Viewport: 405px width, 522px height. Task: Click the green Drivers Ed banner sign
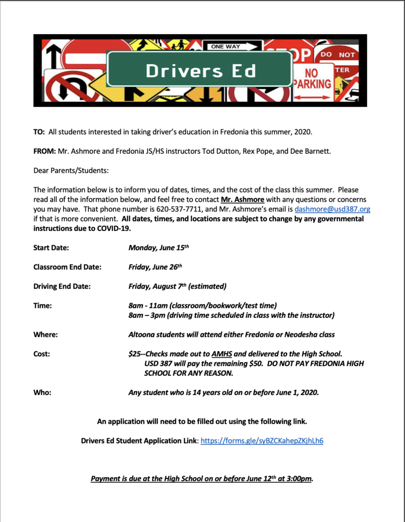click(x=199, y=70)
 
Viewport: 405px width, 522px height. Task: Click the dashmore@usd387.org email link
click(x=332, y=209)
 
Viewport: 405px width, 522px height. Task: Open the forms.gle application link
click(x=262, y=440)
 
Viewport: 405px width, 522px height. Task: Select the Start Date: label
click(x=51, y=248)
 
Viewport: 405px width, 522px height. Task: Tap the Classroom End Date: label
click(x=67, y=267)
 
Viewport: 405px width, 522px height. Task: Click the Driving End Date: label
click(x=62, y=286)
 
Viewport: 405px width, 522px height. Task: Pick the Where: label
click(x=45, y=335)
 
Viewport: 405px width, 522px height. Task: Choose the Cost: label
click(x=42, y=354)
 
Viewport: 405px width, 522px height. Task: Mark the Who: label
click(x=43, y=393)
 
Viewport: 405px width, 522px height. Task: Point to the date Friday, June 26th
click(x=155, y=267)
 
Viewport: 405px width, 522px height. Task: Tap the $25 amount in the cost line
click(x=134, y=354)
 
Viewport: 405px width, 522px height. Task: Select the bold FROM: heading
click(x=44, y=151)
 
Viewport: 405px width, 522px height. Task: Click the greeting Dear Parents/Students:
click(x=71, y=170)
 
